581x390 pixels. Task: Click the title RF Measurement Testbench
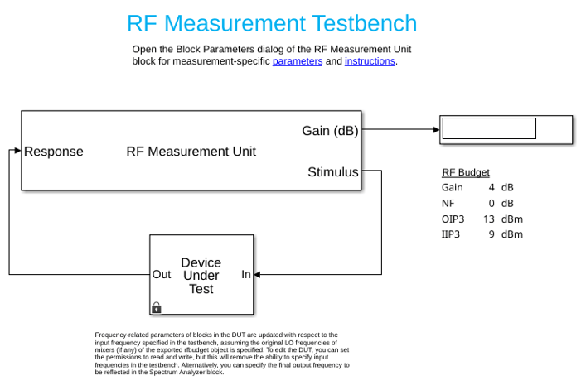(272, 23)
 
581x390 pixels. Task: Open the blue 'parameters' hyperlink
(298, 61)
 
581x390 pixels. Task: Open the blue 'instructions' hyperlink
(370, 61)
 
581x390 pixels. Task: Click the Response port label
(54, 152)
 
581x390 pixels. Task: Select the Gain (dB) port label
(330, 131)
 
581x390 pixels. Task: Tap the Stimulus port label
(333, 172)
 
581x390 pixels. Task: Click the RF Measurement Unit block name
(191, 152)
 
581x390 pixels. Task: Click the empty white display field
(489, 128)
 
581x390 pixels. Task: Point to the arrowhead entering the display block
(437, 129)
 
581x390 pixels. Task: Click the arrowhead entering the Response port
(17, 150)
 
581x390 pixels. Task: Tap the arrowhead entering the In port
(257, 275)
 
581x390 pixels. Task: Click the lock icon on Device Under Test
(157, 307)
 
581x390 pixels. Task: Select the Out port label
(162, 275)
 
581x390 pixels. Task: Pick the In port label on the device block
(246, 275)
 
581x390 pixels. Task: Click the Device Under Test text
(201, 276)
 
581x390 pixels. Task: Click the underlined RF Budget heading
(466, 172)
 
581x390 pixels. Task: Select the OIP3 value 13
(489, 219)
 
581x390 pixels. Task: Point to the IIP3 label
(451, 234)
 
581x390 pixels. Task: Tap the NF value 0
(491, 203)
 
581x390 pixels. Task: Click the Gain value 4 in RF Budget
(491, 187)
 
